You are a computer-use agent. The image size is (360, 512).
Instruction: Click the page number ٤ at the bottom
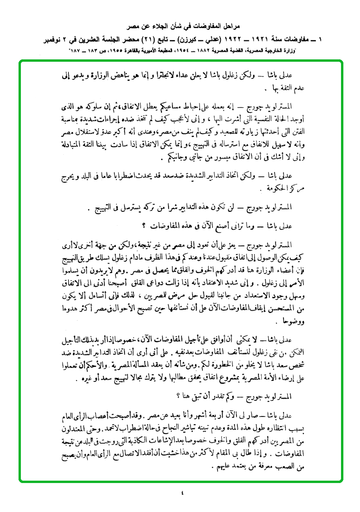click(183, 493)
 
